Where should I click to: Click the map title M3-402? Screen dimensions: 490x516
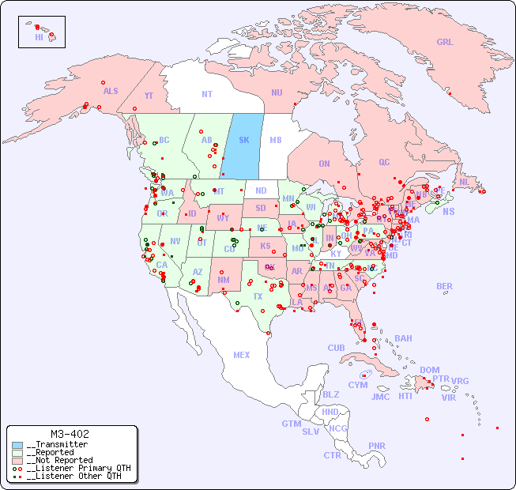click(69, 434)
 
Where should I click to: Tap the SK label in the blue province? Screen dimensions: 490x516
click(244, 140)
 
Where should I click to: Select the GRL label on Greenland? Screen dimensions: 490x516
click(445, 43)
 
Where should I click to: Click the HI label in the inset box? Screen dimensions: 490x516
click(39, 37)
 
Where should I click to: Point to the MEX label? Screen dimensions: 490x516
click(242, 355)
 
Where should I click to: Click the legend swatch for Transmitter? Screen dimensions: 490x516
click(17, 445)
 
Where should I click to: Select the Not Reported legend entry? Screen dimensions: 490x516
click(59, 460)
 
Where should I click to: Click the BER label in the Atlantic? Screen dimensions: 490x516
click(445, 286)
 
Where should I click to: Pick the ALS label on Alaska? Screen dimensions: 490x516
click(111, 91)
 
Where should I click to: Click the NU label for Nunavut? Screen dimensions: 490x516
click(277, 92)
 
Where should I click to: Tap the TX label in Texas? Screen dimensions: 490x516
click(258, 296)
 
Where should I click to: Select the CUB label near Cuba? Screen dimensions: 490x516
click(336, 348)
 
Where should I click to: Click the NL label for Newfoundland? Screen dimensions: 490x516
click(464, 181)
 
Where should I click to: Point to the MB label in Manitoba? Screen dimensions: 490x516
click(275, 140)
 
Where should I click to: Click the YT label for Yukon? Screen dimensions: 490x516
click(149, 96)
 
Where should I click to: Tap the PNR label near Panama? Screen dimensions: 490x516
click(377, 446)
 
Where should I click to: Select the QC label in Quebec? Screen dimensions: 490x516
click(384, 162)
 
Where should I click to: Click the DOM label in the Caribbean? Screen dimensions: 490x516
click(429, 370)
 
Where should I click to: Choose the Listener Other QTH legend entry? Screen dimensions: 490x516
click(73, 476)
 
